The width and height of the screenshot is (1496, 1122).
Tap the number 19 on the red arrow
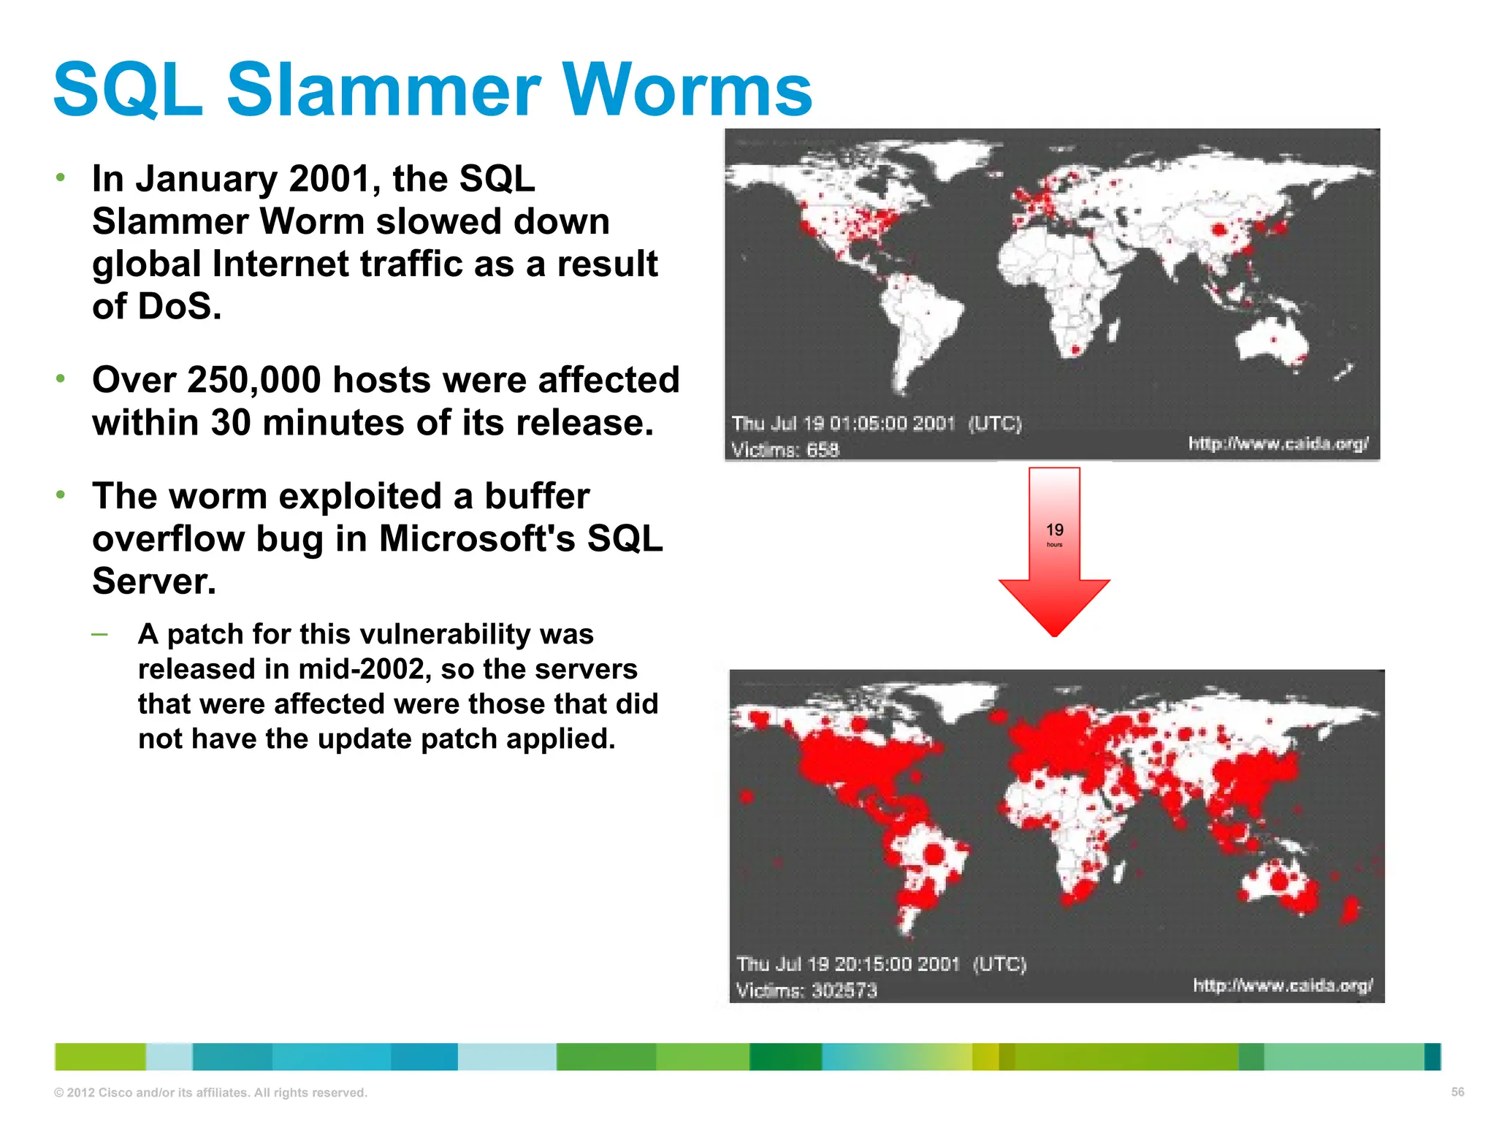point(1054,530)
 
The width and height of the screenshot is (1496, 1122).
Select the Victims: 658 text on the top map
point(785,450)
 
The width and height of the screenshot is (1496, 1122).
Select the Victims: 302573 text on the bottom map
point(806,991)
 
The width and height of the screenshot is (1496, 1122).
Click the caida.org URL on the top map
point(1278,443)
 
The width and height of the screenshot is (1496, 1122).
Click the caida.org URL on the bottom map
point(1283,985)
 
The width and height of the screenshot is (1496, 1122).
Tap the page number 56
point(1457,1091)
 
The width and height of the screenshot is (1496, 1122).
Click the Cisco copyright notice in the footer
point(210,1093)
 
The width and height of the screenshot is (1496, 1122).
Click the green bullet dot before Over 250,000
point(61,378)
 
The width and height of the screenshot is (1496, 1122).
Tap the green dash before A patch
point(99,633)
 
